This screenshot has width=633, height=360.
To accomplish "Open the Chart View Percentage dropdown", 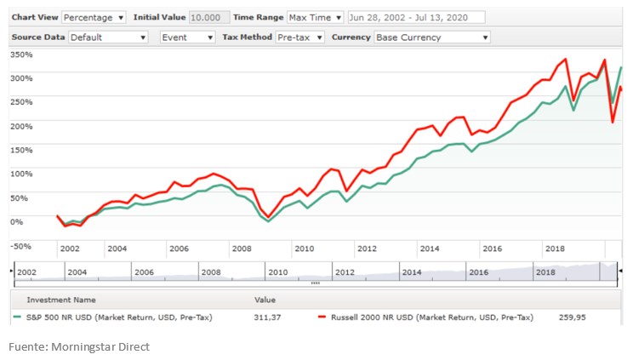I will click(x=94, y=18).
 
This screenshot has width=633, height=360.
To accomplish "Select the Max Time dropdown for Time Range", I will click(x=315, y=18).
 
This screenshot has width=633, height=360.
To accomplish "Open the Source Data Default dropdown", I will click(x=109, y=37).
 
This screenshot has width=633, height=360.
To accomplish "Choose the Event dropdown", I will click(x=188, y=37).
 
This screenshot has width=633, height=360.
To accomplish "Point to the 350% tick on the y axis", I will click(x=20, y=54).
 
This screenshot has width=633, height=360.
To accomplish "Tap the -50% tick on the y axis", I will click(x=20, y=247).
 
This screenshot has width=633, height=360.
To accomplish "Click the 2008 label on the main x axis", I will click(x=242, y=249).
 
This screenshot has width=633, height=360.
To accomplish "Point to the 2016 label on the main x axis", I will click(x=492, y=249).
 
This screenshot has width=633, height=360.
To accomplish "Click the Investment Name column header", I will click(x=61, y=300).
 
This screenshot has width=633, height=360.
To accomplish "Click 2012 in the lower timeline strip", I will click(x=345, y=272).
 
